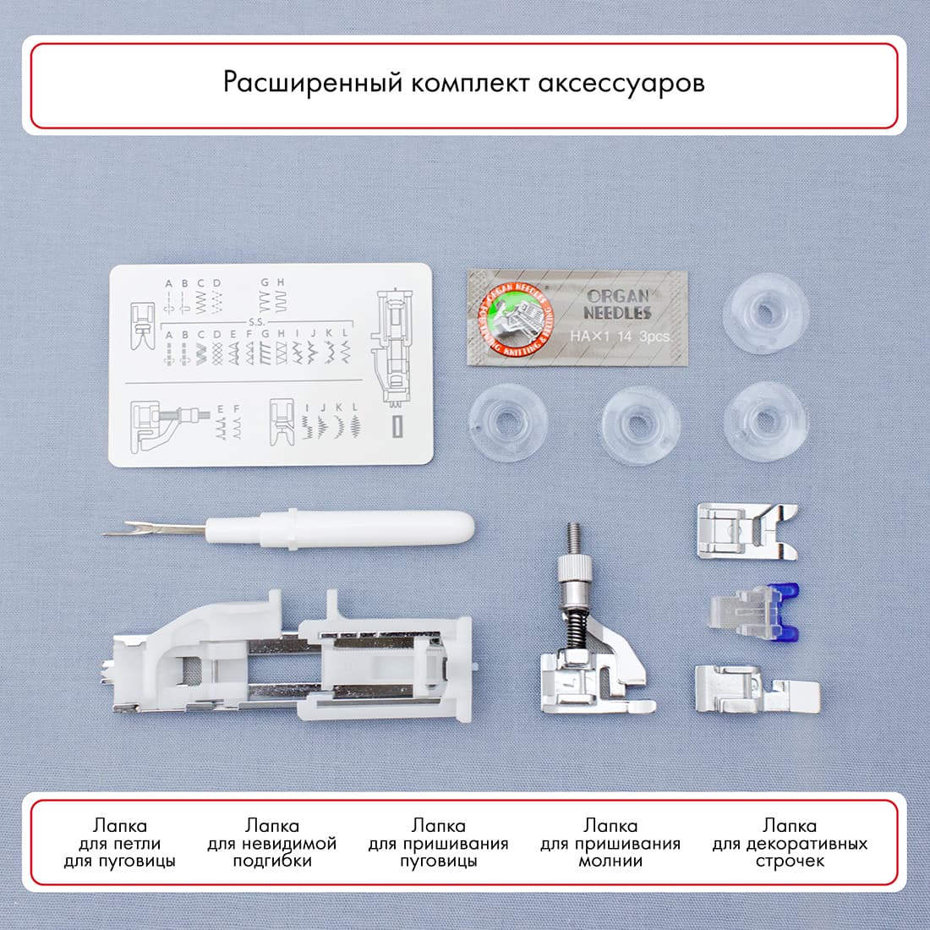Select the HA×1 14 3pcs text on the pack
[x=620, y=336]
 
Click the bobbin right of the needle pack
[x=766, y=313]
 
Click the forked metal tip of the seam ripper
[x=123, y=533]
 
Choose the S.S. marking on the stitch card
[x=256, y=322]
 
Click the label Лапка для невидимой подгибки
[x=272, y=843]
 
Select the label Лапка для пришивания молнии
[x=610, y=843]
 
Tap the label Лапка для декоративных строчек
[x=790, y=843]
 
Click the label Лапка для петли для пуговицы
[x=120, y=843]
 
